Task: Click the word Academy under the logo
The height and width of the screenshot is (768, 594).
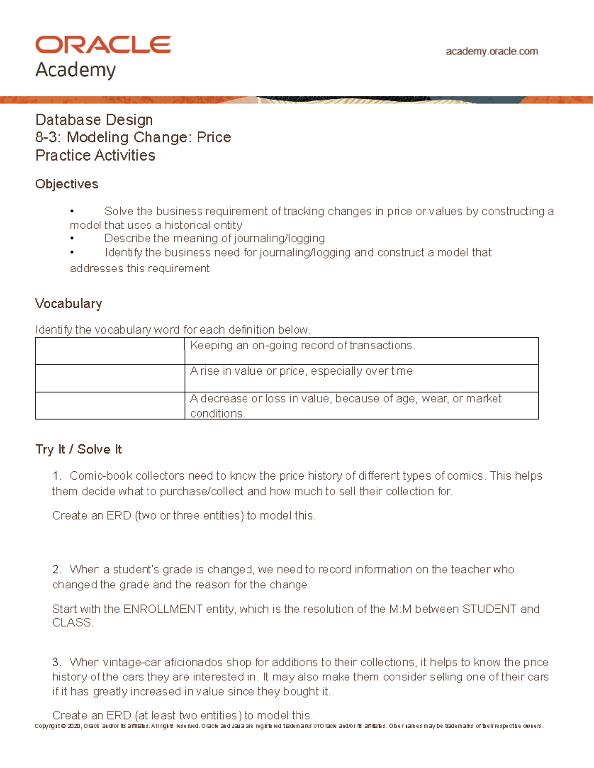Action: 75,70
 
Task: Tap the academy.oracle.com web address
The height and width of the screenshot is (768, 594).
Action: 492,51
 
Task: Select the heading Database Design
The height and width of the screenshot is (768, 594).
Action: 94,120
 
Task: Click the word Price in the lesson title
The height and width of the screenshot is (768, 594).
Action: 214,137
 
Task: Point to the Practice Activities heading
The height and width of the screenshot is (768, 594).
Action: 95,155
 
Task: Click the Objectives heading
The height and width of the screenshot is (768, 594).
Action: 66,184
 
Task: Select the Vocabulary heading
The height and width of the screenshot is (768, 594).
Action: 68,303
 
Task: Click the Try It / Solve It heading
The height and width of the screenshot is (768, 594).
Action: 78,449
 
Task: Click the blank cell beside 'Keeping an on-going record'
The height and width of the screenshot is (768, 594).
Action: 109,351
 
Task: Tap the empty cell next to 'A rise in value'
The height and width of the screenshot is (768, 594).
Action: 109,378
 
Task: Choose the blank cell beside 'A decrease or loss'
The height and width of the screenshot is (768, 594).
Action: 109,406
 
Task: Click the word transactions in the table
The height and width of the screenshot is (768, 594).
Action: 381,345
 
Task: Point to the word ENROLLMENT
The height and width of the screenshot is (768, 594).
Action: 163,609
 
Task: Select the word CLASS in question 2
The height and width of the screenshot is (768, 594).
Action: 71,622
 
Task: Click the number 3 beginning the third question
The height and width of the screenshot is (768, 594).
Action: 56,662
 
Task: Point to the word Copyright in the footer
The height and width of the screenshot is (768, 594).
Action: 47,726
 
